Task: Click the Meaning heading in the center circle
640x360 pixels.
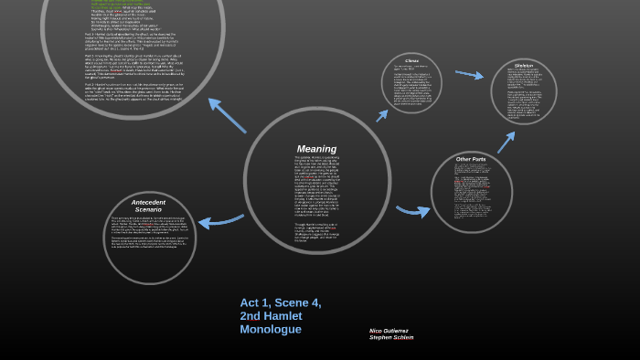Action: tap(316, 149)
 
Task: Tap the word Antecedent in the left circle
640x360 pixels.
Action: tap(148, 201)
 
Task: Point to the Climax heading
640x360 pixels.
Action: tap(411, 61)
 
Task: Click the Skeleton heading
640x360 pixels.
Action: tap(524, 66)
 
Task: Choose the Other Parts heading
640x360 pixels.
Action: tap(471, 159)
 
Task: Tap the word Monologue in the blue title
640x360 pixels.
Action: tap(271, 329)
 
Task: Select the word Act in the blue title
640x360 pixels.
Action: tap(251, 302)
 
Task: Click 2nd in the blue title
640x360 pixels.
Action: tap(251, 316)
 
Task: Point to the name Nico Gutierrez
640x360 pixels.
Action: tap(389, 330)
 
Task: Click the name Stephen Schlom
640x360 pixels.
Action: tap(391, 337)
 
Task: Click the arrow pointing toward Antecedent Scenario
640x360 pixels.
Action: tap(220, 220)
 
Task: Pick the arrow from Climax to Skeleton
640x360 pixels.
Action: tap(470, 74)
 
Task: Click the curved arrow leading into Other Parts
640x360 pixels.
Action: tap(413, 211)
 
